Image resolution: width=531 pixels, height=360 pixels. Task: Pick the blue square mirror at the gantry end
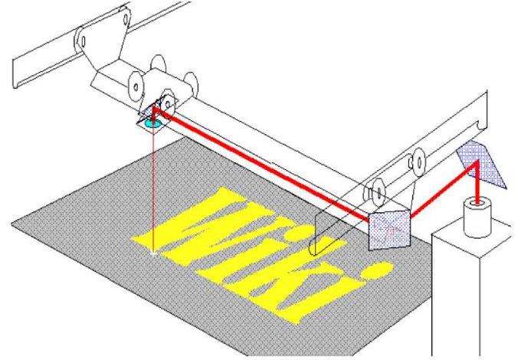[389, 227]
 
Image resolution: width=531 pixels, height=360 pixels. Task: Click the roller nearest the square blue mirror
[375, 188]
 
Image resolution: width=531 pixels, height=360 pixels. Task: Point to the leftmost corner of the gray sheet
[11, 223]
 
